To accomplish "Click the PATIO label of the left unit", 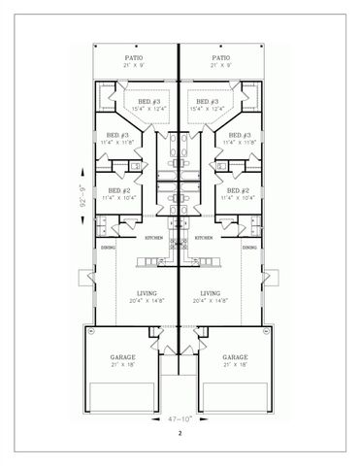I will click(x=135, y=58).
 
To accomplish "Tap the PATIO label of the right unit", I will click(x=221, y=58).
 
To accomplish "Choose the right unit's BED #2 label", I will click(x=238, y=191).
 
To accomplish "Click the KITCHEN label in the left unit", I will click(x=153, y=238).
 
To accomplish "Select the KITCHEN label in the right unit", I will click(x=204, y=238).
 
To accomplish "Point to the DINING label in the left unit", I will click(x=108, y=249).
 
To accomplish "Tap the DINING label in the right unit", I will click(x=249, y=249).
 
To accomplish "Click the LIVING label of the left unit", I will click(x=147, y=292).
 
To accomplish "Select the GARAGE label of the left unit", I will click(x=123, y=356).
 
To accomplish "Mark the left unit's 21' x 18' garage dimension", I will click(x=123, y=365).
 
